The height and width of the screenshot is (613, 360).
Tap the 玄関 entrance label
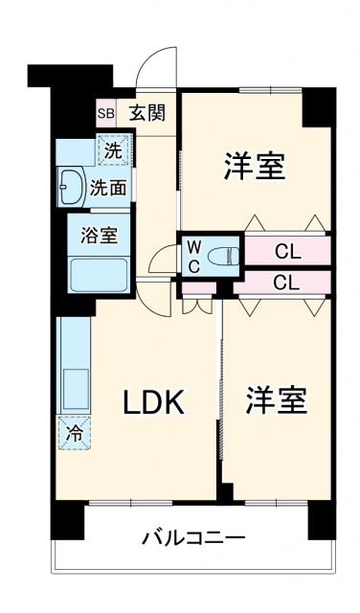(x=148, y=113)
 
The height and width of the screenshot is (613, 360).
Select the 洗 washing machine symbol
(x=114, y=150)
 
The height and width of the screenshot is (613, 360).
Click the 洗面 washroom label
(x=108, y=188)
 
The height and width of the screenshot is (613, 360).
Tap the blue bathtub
(x=100, y=276)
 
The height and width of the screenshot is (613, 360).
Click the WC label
(x=192, y=256)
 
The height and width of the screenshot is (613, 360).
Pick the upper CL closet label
(x=286, y=253)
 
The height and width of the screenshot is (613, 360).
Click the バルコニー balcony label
(x=194, y=537)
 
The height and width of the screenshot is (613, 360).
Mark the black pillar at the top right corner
(x=319, y=105)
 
